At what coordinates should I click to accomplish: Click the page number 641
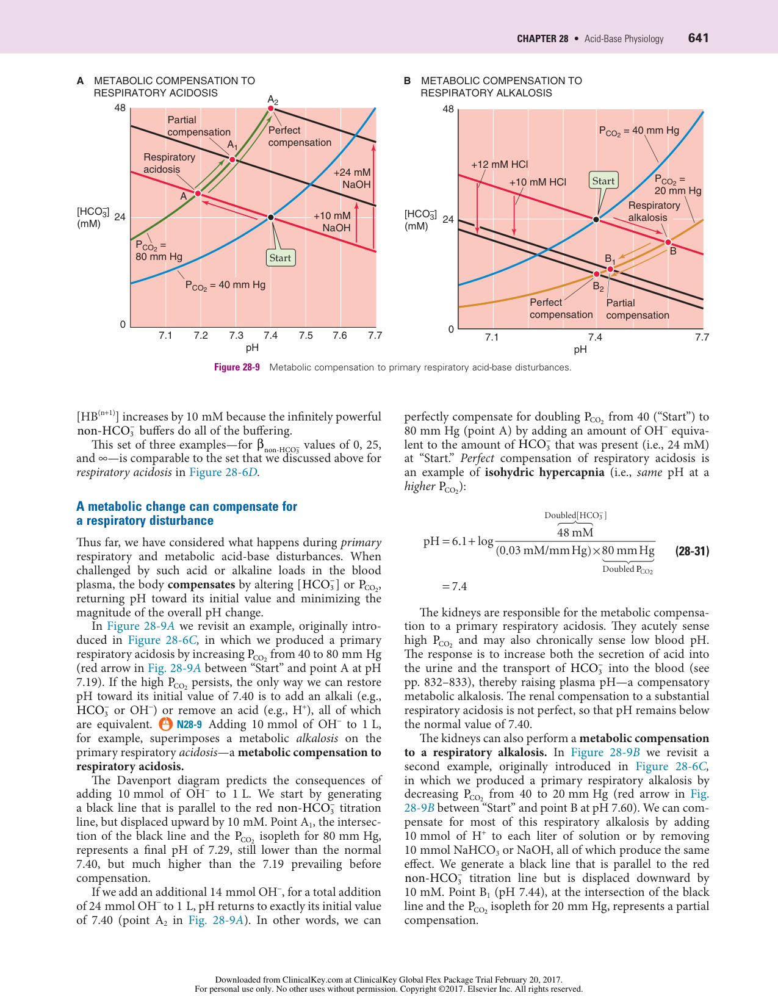point(698,38)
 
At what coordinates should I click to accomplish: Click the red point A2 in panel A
point(270,109)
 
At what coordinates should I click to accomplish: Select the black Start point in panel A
point(270,217)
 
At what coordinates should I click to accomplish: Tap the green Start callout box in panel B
point(603,181)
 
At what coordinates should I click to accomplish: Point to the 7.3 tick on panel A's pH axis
point(236,335)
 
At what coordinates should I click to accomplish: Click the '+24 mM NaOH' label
point(353,179)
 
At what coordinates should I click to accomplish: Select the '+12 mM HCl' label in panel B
point(499,164)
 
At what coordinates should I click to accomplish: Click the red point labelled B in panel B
point(668,242)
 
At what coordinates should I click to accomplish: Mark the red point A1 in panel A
point(232,159)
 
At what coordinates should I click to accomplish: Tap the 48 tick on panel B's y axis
point(448,109)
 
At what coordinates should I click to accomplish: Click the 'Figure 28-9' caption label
point(237,367)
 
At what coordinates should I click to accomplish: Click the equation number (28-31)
point(692,551)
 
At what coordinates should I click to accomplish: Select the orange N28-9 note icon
point(165,724)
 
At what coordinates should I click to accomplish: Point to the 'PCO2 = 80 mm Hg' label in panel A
point(159,251)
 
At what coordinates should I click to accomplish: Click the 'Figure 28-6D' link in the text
point(223,472)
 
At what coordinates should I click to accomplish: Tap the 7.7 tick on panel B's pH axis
point(702,337)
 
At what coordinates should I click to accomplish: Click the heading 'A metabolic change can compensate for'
point(187,507)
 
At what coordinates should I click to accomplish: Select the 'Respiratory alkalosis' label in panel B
point(654,212)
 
